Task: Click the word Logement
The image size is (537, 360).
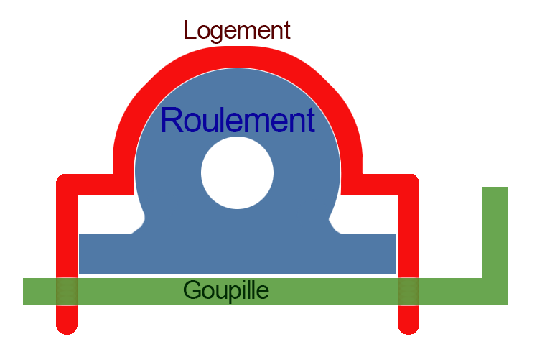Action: pos(237,30)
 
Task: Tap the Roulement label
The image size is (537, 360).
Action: pos(238,120)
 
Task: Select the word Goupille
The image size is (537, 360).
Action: pos(226,290)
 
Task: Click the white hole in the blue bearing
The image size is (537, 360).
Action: pos(238,173)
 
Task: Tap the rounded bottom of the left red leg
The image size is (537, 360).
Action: pos(67,326)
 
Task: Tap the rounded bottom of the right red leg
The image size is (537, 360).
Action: pos(408,326)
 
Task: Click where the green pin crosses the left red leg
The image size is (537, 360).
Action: pos(67,291)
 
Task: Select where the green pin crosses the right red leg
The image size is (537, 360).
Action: pos(408,291)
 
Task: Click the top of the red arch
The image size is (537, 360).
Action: pos(238,57)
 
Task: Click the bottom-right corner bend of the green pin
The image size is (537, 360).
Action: pos(495,291)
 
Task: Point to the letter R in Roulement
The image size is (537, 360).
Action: pos(172,120)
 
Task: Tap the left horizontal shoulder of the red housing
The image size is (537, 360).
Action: pos(90,184)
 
